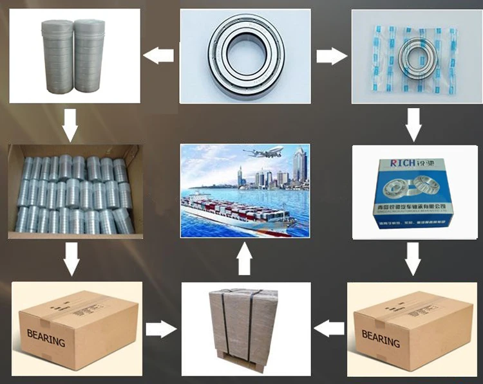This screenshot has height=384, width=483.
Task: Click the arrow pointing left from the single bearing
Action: pyautogui.click(x=158, y=56)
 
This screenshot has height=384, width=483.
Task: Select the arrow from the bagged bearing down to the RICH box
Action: pyautogui.click(x=413, y=125)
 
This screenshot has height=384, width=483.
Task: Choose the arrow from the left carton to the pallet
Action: pyautogui.click(x=160, y=329)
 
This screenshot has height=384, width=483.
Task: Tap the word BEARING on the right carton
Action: pyautogui.click(x=381, y=338)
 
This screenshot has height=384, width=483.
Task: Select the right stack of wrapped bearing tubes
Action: pyautogui.click(x=88, y=56)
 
